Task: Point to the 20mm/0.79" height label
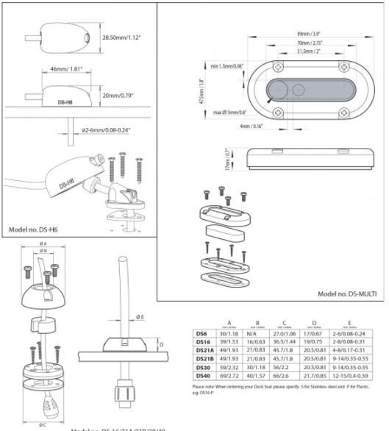121,96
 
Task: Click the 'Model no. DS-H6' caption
34,229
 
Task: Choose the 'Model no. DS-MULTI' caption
347,293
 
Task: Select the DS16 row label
201,342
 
